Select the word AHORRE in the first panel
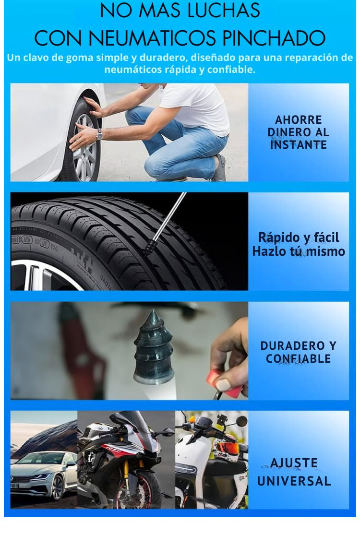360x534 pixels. click(298, 119)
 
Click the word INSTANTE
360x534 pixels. click(298, 144)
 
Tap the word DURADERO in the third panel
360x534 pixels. click(290, 345)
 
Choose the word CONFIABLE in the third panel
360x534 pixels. click(298, 358)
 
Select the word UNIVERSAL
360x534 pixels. click(294, 481)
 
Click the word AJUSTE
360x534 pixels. click(294, 463)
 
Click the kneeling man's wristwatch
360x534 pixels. click(99, 134)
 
